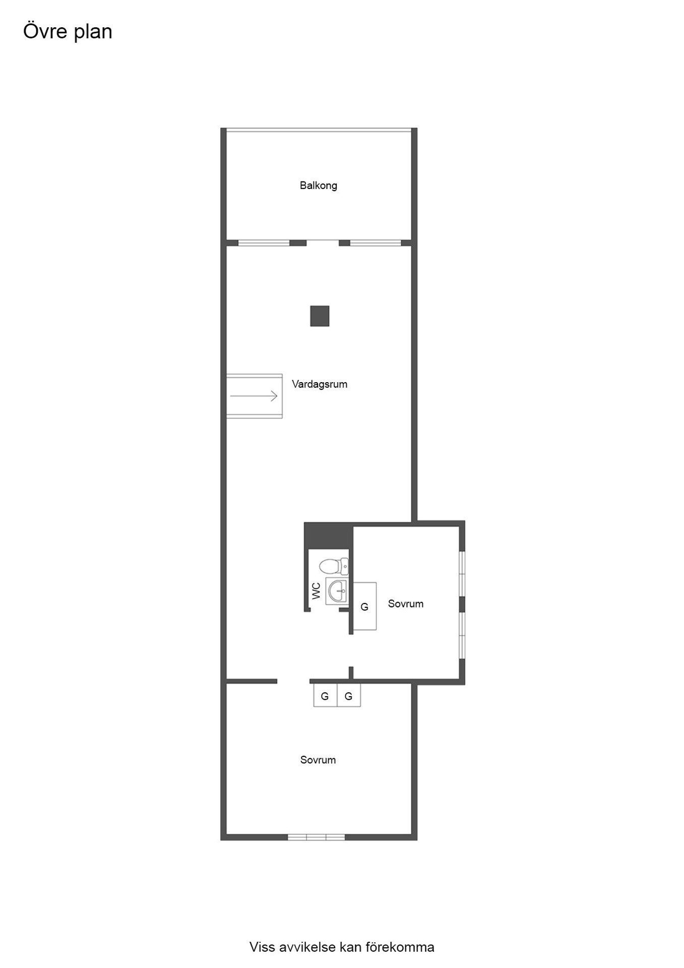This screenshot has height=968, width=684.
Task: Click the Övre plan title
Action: coord(68,32)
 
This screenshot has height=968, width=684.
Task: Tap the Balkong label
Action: coord(318,186)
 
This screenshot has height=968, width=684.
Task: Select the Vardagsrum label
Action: coord(319,384)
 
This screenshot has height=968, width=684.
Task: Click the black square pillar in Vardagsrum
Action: coord(320,316)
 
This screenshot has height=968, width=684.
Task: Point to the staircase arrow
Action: coord(254,396)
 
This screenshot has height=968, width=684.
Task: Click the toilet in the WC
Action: coord(334,566)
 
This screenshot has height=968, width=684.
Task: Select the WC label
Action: coord(317,590)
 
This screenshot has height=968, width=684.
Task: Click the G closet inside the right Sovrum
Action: coord(364,607)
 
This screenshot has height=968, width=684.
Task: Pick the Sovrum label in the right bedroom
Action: coord(405,603)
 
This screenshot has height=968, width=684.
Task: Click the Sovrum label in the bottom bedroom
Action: coord(318,760)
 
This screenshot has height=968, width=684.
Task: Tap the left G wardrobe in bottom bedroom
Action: coord(325,696)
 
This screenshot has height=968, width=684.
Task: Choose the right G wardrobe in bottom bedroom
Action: coord(348,696)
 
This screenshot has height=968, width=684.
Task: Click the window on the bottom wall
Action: coord(316,837)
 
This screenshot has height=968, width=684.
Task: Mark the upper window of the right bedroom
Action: coord(462,574)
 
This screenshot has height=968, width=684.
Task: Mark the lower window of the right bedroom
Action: coord(462,635)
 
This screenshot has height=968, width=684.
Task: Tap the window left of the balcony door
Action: coord(264,243)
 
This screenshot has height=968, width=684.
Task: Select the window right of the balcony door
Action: coord(376,243)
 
